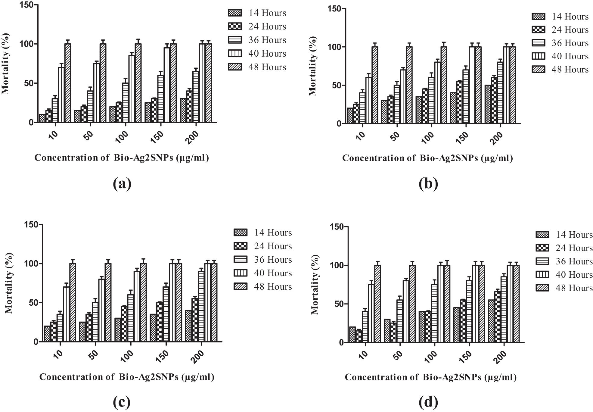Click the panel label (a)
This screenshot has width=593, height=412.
122,184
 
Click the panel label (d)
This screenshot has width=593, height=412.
428,402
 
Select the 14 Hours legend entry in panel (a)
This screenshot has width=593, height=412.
257,13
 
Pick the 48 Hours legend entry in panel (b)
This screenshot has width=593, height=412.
560,70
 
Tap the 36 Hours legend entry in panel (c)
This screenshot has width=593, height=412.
263,260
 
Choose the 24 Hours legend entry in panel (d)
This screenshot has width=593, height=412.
564,248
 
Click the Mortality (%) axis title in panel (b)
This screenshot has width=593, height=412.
313,66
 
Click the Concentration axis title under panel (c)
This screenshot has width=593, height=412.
127,377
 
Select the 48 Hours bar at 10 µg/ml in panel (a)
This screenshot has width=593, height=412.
68,83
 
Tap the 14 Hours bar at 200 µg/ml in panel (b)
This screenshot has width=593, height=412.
488,104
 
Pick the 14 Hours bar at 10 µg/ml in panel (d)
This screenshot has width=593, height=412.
352,335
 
